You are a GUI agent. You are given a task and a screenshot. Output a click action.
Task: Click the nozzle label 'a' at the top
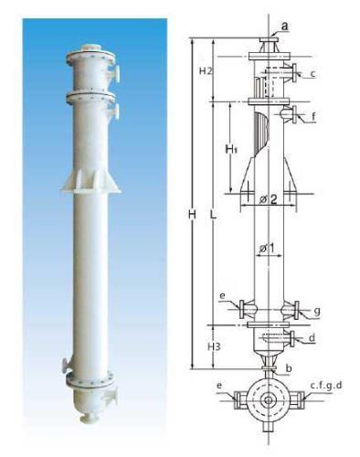tap(285, 27)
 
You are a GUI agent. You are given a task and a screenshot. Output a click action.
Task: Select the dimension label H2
tap(206, 71)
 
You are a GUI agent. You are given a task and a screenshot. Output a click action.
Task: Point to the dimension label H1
tap(231, 149)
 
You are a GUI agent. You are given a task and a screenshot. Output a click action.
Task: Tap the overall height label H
tap(192, 215)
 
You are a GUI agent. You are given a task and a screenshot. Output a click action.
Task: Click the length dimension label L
tap(213, 215)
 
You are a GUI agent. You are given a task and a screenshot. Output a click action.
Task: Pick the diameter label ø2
tap(269, 199)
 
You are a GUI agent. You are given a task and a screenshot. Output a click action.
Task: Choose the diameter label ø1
tap(267, 249)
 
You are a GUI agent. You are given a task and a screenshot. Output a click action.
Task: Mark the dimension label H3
tap(214, 346)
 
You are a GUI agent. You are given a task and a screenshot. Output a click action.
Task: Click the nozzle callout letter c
tap(312, 73)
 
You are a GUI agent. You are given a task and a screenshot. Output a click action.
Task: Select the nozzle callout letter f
tap(313, 116)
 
